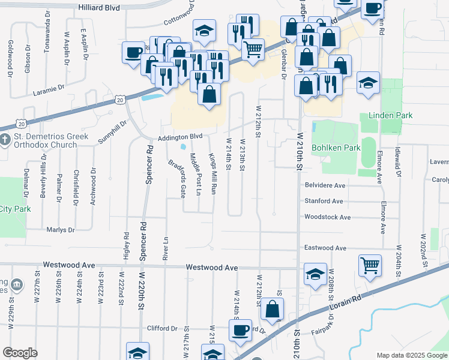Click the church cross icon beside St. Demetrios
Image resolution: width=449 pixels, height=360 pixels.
point(6,140)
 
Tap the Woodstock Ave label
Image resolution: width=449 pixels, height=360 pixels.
point(327,217)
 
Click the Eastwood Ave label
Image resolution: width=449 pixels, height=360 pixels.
point(325,248)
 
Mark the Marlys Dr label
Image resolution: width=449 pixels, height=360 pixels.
point(60,229)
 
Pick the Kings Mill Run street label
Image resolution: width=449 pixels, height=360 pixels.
point(212,173)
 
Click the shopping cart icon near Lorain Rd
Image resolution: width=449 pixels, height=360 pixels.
point(370,265)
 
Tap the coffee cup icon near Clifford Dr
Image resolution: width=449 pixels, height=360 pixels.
point(240,329)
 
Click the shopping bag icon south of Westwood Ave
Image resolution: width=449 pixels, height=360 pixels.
point(272,310)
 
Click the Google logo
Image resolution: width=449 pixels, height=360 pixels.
point(20,353)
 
